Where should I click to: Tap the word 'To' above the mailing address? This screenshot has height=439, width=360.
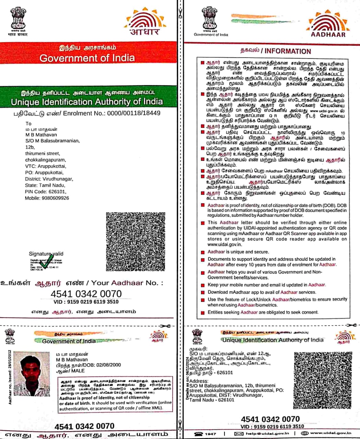point(28,123)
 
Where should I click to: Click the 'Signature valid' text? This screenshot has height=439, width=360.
point(46,254)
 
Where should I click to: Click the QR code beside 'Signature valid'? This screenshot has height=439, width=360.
point(135,241)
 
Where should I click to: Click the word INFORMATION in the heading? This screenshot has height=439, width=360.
point(288,51)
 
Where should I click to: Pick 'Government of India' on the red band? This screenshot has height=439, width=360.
point(87,58)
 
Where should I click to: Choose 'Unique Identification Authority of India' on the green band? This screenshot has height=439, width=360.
point(87,102)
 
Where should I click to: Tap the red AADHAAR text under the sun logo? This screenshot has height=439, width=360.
point(328,34)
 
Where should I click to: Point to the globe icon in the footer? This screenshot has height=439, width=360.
point(304,434)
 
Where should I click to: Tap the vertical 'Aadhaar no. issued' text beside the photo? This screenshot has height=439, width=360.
point(10,377)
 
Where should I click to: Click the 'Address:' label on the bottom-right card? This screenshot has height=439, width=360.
point(199,381)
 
